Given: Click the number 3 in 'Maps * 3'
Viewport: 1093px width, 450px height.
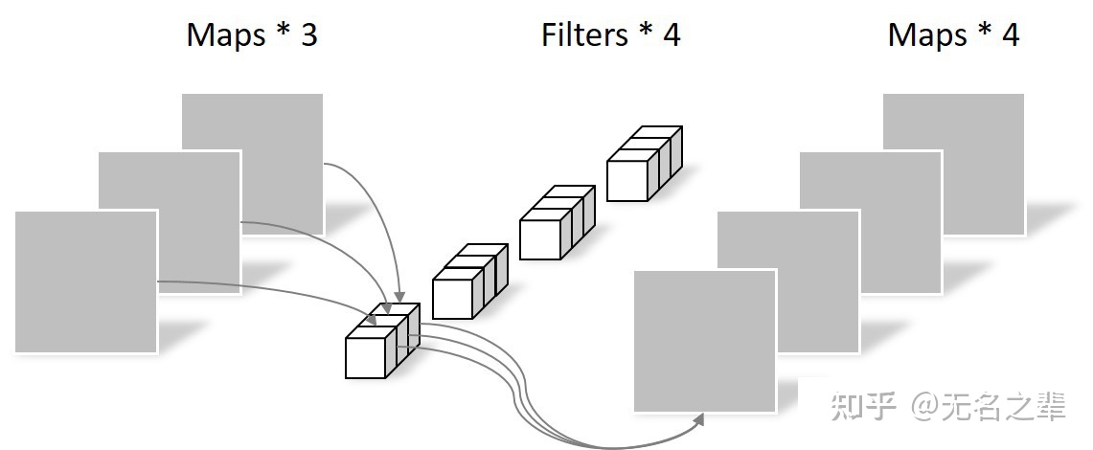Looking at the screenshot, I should [307, 35].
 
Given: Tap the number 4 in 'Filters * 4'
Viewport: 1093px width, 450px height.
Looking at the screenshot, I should [671, 35].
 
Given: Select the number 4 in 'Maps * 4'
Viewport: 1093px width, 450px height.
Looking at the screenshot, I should [1010, 35].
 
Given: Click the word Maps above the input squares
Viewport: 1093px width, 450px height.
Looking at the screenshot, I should [225, 35].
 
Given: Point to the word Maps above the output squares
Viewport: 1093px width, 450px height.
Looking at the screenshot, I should [927, 35].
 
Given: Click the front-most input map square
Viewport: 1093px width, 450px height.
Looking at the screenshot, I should [85, 281].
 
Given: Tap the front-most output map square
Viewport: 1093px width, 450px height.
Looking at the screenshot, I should [705, 341].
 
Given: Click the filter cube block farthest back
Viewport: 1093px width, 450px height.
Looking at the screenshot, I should [643, 165].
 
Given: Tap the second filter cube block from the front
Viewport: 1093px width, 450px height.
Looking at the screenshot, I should [468, 281].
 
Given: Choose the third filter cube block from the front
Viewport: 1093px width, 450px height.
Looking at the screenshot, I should [556, 223].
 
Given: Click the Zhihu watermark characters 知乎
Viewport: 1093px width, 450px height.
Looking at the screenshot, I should [864, 407].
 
